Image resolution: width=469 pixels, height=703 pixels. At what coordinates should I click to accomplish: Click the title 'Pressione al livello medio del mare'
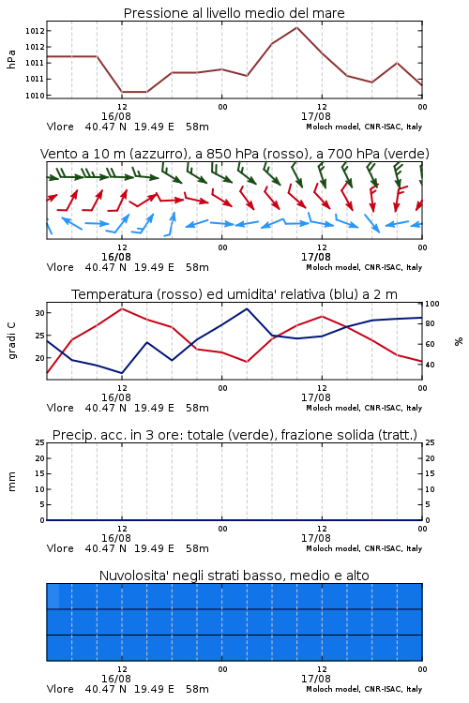234,13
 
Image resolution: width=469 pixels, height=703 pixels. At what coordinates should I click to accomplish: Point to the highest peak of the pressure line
296,27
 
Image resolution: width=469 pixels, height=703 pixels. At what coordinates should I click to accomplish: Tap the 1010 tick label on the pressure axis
35,96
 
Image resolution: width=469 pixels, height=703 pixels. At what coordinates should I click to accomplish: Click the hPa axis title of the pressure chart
11,59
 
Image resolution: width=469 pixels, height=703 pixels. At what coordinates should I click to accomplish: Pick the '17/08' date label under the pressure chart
316,116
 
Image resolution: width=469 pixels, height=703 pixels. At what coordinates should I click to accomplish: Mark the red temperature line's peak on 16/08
122,308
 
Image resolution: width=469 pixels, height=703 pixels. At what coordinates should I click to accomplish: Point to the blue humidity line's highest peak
247,309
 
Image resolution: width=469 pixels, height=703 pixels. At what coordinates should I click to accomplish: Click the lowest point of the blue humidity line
122,373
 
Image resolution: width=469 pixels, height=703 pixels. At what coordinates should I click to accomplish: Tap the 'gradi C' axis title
12,341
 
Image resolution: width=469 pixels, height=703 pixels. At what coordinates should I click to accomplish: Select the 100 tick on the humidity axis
432,304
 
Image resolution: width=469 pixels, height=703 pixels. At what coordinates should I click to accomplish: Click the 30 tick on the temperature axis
39,313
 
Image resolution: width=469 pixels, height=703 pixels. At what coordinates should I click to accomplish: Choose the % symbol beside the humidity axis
459,341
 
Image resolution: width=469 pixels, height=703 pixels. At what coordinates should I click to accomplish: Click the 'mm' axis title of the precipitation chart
11,482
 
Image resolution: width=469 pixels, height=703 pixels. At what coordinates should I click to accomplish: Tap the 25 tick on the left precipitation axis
39,442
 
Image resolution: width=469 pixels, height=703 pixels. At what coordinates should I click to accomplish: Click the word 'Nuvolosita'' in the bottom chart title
129,576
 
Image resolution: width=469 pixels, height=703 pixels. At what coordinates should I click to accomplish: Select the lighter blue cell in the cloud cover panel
53,596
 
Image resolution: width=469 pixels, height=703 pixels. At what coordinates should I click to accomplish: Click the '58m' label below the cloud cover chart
198,689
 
